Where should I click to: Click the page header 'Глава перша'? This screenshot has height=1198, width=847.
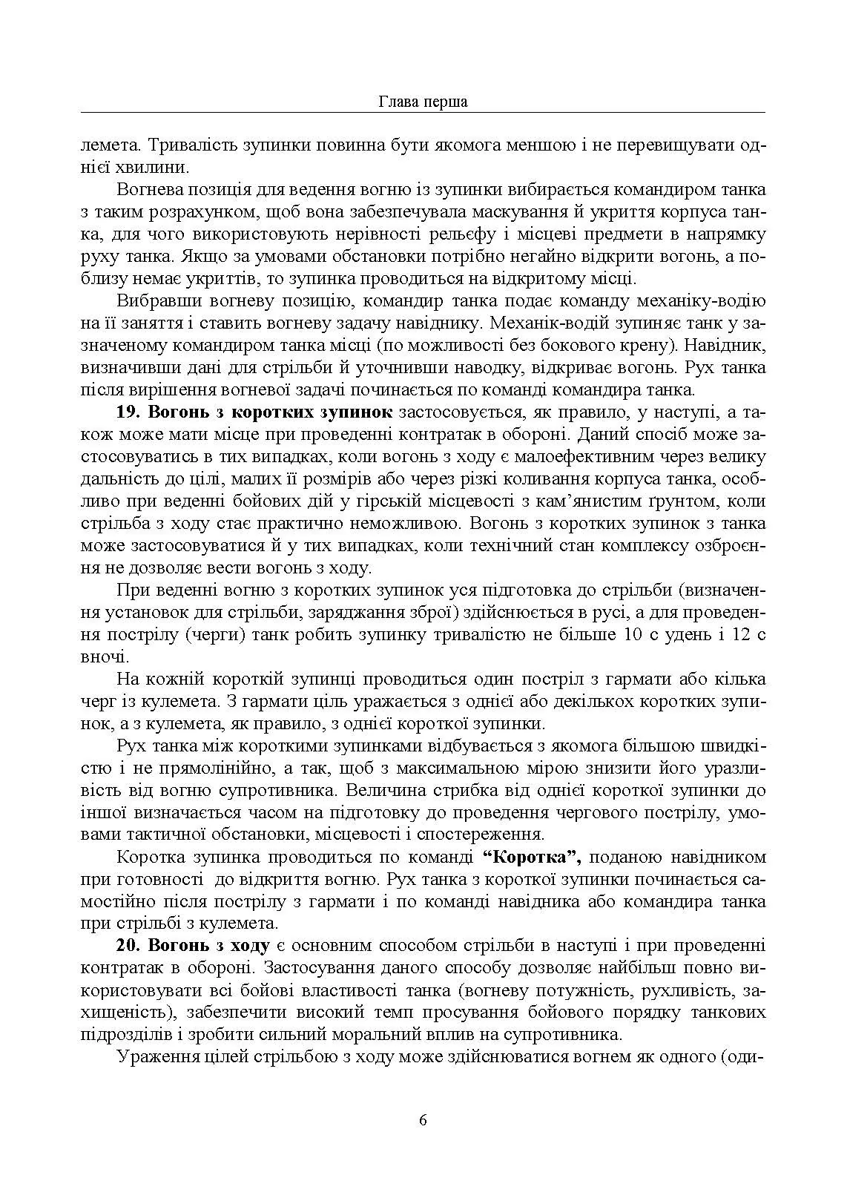point(423,102)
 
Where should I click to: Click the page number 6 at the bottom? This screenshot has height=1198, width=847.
point(423,1120)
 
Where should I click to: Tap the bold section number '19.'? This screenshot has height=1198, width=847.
point(131,412)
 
